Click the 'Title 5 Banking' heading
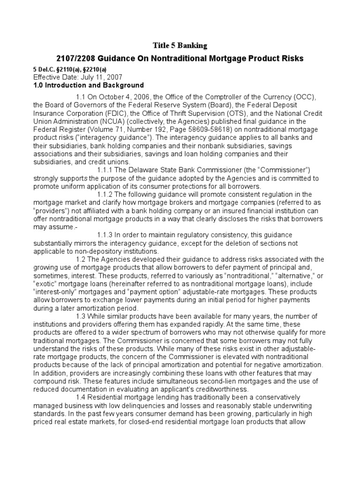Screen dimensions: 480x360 pyautogui.click(x=180, y=45)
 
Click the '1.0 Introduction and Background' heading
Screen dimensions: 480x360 pyautogui.click(x=89, y=85)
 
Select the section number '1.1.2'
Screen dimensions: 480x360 pyautogui.click(x=105, y=194)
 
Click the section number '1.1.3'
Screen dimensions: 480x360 pyautogui.click(x=105, y=234)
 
